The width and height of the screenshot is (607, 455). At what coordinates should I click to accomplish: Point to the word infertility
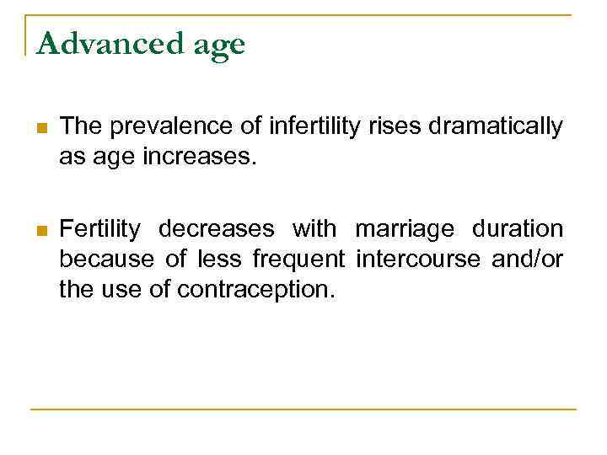(x=309, y=126)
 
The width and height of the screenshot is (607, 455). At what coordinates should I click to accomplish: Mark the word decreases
(x=217, y=228)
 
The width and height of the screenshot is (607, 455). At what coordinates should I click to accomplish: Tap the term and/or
(x=528, y=260)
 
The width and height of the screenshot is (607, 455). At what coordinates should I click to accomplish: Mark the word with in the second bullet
(x=314, y=228)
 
